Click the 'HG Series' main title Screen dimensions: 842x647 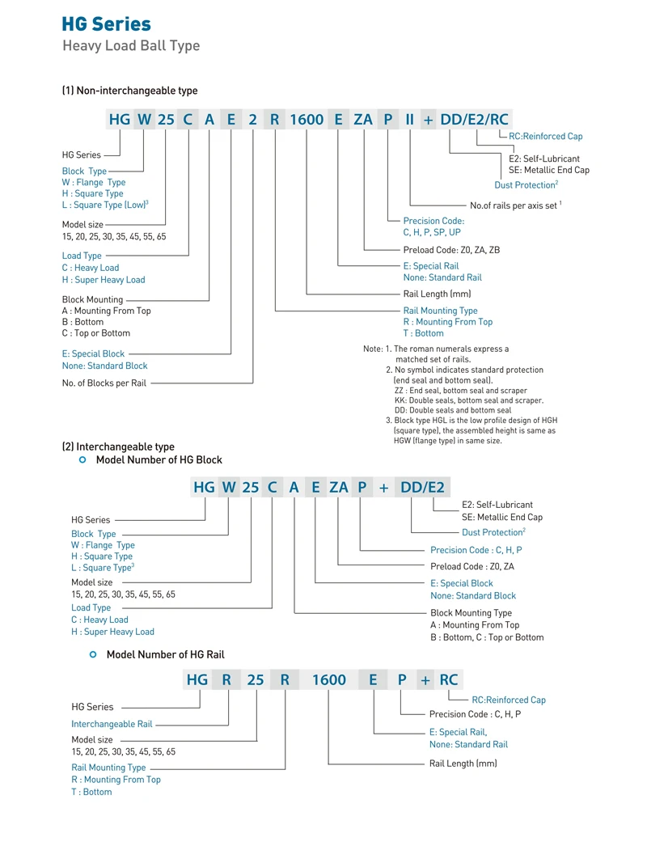107,23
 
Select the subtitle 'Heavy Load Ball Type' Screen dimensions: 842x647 131,45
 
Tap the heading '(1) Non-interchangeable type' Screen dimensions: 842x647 129,91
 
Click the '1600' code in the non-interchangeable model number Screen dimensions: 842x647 306,120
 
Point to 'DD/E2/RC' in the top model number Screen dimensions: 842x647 475,120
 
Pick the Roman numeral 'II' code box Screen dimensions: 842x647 409,120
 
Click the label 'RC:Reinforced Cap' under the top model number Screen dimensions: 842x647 545,137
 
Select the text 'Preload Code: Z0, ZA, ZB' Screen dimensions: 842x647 451,250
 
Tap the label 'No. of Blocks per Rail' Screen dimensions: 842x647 104,383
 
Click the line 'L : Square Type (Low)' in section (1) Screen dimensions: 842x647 105,205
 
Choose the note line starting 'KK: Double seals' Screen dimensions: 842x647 468,400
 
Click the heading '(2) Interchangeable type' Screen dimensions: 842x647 118,446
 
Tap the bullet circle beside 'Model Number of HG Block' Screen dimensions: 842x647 82,459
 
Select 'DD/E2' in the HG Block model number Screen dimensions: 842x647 423,487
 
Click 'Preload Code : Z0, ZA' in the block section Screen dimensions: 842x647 472,566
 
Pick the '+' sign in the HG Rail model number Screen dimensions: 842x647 426,680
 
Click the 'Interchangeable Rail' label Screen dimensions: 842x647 112,724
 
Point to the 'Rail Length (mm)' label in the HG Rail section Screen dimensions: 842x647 463,764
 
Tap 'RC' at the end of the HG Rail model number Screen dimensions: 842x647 449,680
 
